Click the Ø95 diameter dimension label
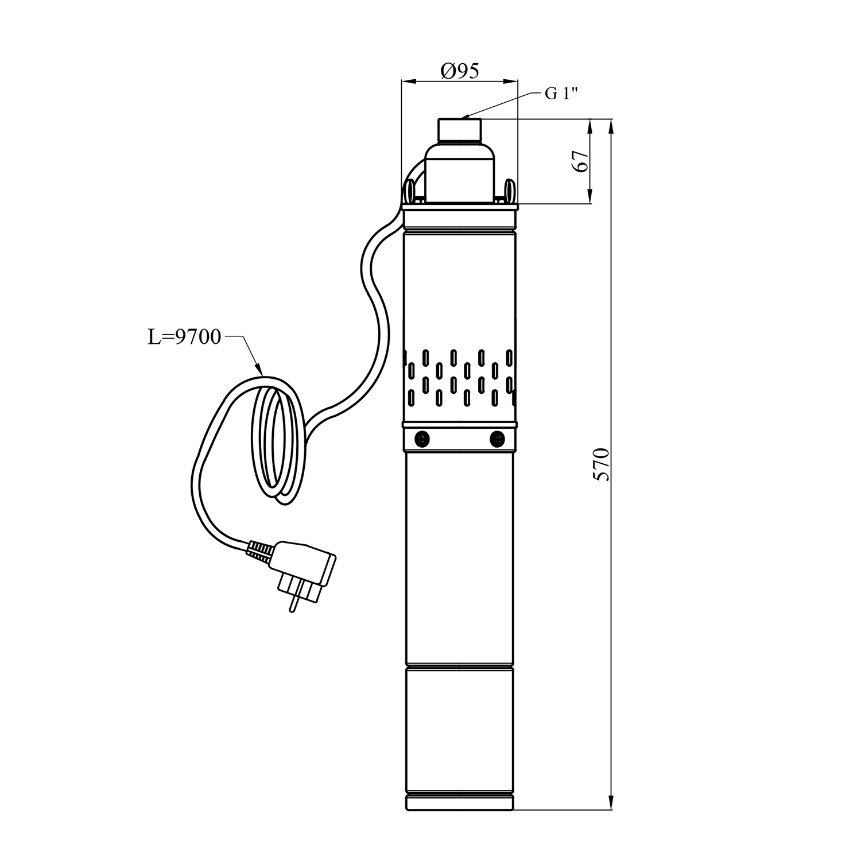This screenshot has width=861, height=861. (459, 71)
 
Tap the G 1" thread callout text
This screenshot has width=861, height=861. (560, 94)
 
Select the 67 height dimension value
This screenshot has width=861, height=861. (581, 161)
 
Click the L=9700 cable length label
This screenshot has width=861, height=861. (184, 337)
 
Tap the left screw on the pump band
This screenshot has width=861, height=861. (422, 439)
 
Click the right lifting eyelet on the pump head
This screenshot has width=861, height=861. (509, 190)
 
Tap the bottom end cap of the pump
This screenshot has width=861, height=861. (459, 802)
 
